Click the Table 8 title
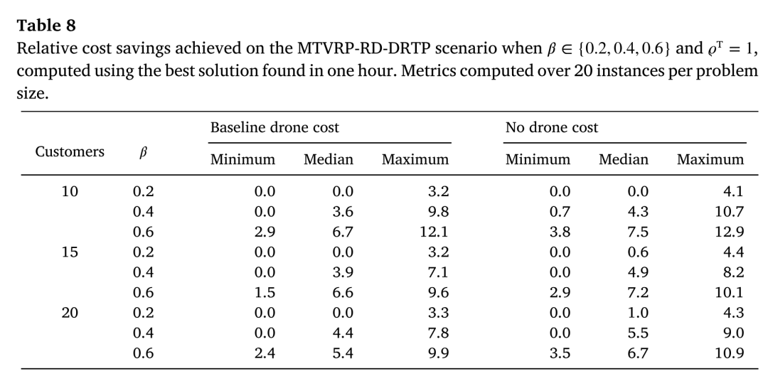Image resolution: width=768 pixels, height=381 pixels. point(46,26)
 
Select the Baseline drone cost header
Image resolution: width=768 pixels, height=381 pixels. point(274,128)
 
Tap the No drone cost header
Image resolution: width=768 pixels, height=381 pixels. point(552,128)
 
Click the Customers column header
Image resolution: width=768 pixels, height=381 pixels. point(70,152)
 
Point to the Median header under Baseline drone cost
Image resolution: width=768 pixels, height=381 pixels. point(328,160)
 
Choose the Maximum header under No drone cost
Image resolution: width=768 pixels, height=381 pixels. point(710,160)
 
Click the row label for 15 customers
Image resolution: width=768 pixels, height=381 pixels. point(70,252)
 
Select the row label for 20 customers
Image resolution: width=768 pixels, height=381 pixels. point(70,313)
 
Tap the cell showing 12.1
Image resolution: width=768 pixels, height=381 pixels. point(434,232)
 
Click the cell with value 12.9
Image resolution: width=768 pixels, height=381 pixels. point(730,232)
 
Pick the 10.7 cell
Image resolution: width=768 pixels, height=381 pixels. point(730,212)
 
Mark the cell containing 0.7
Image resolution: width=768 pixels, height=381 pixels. point(560,212)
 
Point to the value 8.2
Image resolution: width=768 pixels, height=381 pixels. point(734,272)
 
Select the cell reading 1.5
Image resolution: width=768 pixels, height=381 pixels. point(265,293)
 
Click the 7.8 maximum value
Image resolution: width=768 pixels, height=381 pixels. point(438,333)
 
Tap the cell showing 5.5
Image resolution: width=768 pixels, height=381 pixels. point(638,333)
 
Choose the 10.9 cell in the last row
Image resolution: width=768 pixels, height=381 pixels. point(730,353)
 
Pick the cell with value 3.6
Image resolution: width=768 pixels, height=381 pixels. point(343,212)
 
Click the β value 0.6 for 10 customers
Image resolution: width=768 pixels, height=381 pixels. point(143,232)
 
